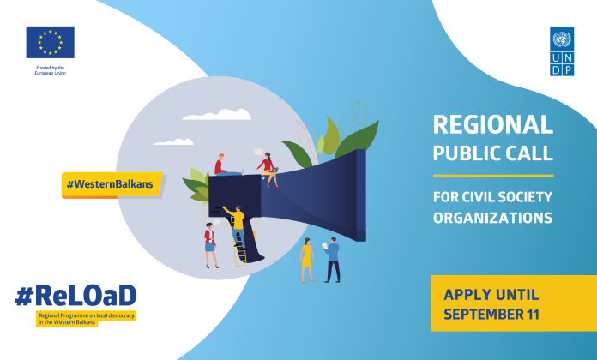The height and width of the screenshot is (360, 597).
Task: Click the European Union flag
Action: pyautogui.click(x=51, y=42)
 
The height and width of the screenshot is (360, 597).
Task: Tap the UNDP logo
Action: pyautogui.click(x=562, y=51)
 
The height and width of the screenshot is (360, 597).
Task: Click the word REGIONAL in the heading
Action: pyautogui.click(x=493, y=124)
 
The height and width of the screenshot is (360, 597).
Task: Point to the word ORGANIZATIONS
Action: pyautogui.click(x=492, y=218)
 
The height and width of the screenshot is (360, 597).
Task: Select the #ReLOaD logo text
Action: pyautogui.click(x=75, y=296)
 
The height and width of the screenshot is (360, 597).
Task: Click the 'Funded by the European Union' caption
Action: pyautogui.click(x=51, y=70)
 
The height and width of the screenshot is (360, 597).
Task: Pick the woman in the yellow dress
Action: pyautogui.click(x=306, y=260)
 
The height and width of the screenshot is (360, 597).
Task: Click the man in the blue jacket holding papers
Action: pyautogui.click(x=332, y=260)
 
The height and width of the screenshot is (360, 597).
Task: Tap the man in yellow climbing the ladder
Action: pyautogui.click(x=237, y=225)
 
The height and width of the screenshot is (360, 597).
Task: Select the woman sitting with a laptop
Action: pyautogui.click(x=268, y=170)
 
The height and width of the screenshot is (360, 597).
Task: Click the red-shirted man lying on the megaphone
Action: pyautogui.click(x=227, y=165)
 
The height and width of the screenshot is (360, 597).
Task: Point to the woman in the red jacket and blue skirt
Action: pyautogui.click(x=210, y=245)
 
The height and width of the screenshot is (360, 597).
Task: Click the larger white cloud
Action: pyautogui.click(x=217, y=115)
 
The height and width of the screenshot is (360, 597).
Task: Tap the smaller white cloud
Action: pyautogui.click(x=173, y=142)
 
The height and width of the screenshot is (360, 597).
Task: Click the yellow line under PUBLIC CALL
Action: pyautogui.click(x=493, y=176)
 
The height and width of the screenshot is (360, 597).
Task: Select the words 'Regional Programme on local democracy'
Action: pyautogui.click(x=87, y=315)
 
